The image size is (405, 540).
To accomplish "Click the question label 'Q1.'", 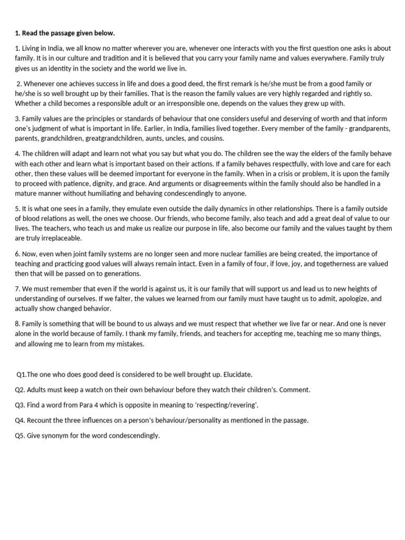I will click(22, 374).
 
